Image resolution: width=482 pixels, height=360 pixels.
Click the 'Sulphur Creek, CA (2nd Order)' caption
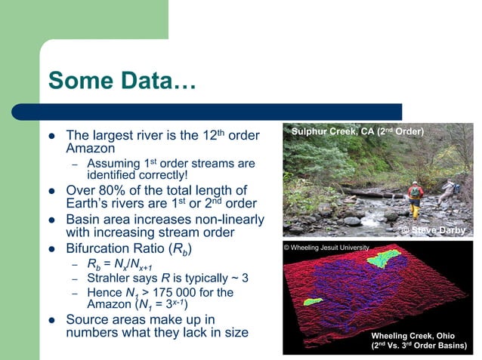point(358,132)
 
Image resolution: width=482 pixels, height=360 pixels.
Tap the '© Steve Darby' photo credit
point(433,230)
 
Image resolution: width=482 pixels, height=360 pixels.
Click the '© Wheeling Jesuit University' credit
point(326,248)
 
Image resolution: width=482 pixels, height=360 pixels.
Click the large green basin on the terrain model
point(382,259)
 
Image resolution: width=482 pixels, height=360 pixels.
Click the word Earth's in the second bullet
point(91,205)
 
